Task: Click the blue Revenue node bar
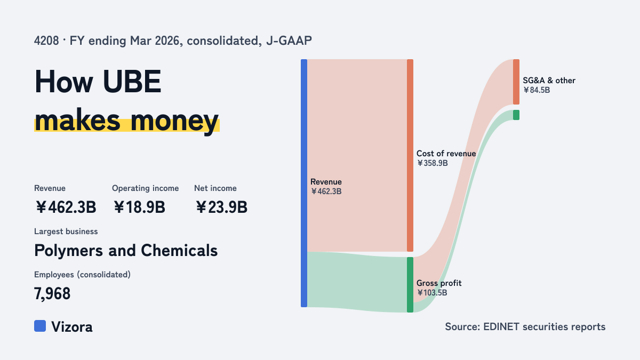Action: coord(304,183)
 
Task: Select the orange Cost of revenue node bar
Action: coord(410,155)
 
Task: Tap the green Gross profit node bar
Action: coord(410,285)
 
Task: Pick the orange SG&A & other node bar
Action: coord(516,82)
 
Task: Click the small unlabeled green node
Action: coord(516,115)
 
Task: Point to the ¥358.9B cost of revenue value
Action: coord(433,163)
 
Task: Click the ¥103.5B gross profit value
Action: coord(432,293)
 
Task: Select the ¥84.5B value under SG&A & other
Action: coord(537,90)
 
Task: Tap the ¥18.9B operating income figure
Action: coord(139,207)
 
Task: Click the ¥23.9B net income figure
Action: coord(221,207)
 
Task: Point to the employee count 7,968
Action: coord(52,294)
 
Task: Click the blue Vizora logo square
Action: coord(40,326)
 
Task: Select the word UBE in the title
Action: coord(132,82)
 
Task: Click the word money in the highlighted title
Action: coord(174,121)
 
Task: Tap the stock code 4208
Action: coord(46,41)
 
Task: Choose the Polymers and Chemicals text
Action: coord(126,251)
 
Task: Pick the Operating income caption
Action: coord(146,188)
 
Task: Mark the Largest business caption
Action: coord(66,231)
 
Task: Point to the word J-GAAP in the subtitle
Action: coord(289,41)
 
